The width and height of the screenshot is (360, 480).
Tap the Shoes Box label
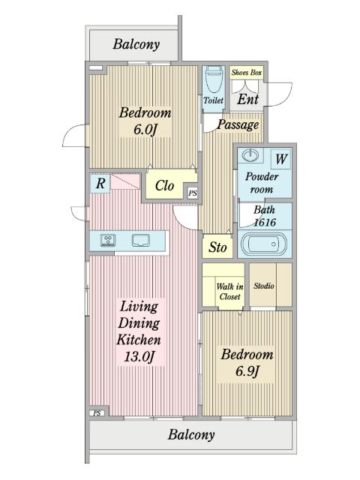click(247, 73)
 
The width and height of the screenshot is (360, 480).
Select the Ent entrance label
click(247, 99)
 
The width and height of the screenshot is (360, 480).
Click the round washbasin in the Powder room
click(250, 155)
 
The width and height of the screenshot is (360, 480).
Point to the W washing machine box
click(281, 159)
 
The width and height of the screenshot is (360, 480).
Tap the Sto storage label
click(217, 247)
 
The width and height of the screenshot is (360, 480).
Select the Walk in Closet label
click(229, 292)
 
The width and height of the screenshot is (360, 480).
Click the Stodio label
click(263, 286)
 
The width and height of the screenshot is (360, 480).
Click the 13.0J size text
click(139, 357)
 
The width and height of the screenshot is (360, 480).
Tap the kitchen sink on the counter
click(141, 241)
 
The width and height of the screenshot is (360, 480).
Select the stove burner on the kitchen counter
click(108, 240)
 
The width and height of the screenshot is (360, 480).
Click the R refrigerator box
click(100, 183)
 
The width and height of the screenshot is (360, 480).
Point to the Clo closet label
click(164, 185)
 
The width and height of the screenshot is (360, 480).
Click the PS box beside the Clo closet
click(193, 193)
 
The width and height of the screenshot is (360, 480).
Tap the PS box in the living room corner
click(97, 413)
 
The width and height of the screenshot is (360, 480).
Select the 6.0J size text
click(145, 130)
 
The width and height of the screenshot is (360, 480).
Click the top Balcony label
click(136, 44)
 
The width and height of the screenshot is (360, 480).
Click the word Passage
click(238, 124)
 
